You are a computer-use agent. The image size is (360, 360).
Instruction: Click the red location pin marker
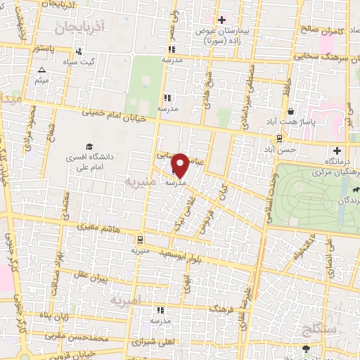[x=181, y=165]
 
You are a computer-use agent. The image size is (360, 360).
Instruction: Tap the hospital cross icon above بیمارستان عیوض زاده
[x=222, y=20]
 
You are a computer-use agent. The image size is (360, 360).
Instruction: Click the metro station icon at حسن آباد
[x=279, y=138]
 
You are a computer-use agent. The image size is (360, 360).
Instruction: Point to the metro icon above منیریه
[x=139, y=238]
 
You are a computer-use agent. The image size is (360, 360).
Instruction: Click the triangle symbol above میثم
[x=41, y=70]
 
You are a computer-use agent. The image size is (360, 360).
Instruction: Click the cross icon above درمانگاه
[x=337, y=150]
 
